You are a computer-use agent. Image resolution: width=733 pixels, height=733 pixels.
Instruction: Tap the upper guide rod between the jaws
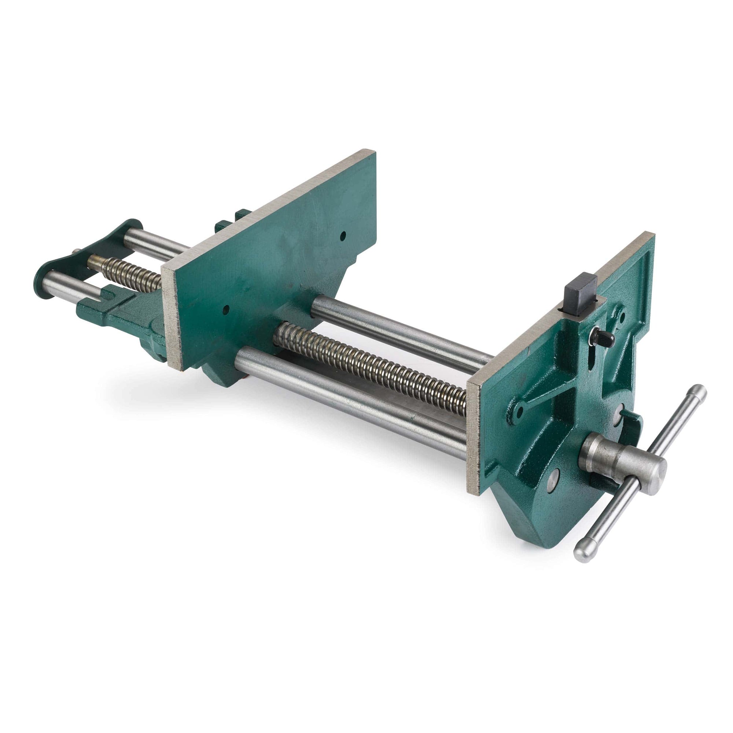398,327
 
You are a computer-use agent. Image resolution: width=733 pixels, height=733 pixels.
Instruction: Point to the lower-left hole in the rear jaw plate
225,309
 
